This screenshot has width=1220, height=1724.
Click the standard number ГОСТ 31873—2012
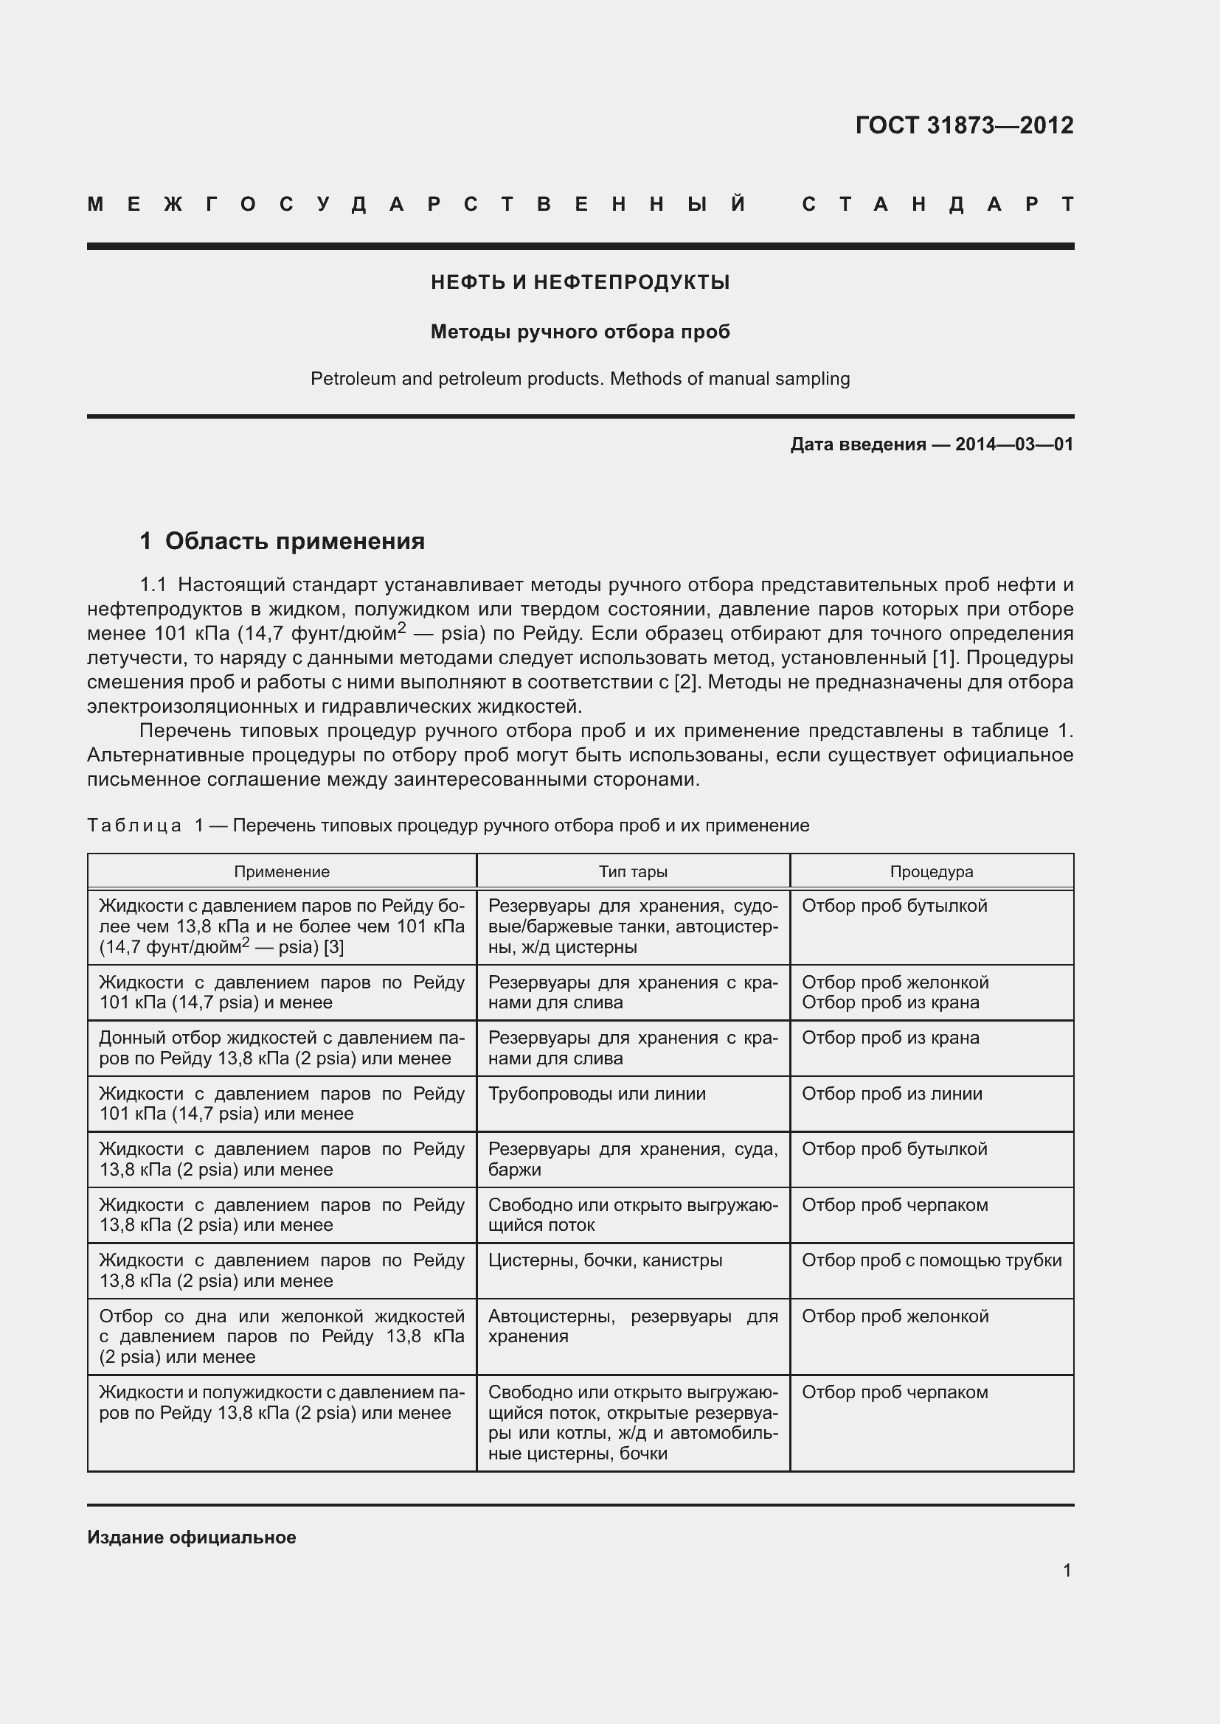964,125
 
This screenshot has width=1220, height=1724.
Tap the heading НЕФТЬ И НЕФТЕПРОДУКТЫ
580,282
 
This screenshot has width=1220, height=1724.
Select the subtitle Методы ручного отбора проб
580,332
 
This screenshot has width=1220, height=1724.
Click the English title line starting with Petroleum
580,378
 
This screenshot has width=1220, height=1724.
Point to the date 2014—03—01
1013,444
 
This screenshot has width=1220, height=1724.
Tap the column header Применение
282,872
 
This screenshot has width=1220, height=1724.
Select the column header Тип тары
633,872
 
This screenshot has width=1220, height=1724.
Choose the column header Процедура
932,872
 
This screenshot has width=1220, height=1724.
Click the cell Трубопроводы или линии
597,1093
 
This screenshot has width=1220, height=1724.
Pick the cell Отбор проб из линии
892,1093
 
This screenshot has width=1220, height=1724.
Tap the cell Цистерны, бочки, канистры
606,1260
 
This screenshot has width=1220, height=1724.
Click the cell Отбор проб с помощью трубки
932,1260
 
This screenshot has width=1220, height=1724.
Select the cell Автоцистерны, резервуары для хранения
633,1326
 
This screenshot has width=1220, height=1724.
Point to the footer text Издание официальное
192,1537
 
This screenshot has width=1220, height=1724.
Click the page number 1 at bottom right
1067,1570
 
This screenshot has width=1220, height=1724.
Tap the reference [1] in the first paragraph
943,657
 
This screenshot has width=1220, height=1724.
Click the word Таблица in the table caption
134,826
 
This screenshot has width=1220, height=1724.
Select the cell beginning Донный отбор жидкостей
282,1048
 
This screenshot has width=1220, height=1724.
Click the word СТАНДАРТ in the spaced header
938,204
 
